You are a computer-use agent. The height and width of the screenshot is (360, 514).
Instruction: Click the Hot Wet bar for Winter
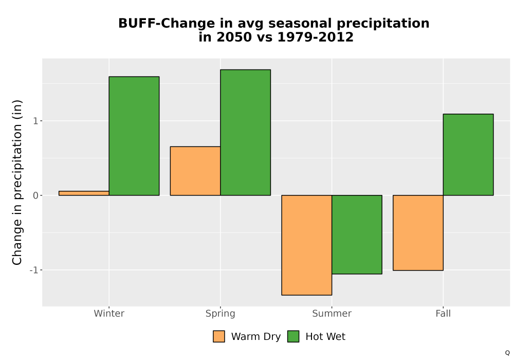pos(134,136)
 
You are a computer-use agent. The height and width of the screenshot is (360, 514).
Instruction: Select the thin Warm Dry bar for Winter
pos(84,193)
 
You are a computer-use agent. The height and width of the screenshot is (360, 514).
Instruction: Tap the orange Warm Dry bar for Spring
pos(195,171)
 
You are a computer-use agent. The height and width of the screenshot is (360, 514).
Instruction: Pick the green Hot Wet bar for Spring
pos(246,133)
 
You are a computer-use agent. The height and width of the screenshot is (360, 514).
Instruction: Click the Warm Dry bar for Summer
pos(307,245)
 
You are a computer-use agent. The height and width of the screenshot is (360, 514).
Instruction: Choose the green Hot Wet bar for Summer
pos(357,235)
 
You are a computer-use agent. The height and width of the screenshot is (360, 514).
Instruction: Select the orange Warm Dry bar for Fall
pos(418,233)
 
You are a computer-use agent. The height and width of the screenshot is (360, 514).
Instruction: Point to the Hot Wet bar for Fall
pos(468,155)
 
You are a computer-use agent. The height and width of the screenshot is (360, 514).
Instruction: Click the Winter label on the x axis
pos(109,313)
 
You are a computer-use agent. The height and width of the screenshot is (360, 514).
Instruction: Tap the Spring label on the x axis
pos(221,314)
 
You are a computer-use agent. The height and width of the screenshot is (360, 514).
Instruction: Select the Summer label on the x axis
pos(332,313)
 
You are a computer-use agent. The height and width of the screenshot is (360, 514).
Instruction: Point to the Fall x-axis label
pos(443,313)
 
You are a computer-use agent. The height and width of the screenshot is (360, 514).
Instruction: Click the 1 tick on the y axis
pos(36,121)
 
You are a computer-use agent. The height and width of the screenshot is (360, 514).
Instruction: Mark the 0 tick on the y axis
pos(36,195)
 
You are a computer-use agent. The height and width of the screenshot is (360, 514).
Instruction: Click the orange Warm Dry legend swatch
pos(219,336)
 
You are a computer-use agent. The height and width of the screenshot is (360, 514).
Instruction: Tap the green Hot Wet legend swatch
pos(293,336)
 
